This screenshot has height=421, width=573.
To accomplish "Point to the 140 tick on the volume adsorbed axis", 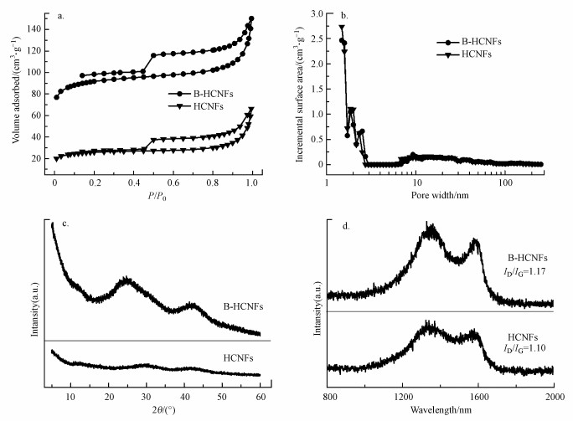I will click(x=34, y=28).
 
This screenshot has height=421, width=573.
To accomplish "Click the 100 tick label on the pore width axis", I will click(x=505, y=181).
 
